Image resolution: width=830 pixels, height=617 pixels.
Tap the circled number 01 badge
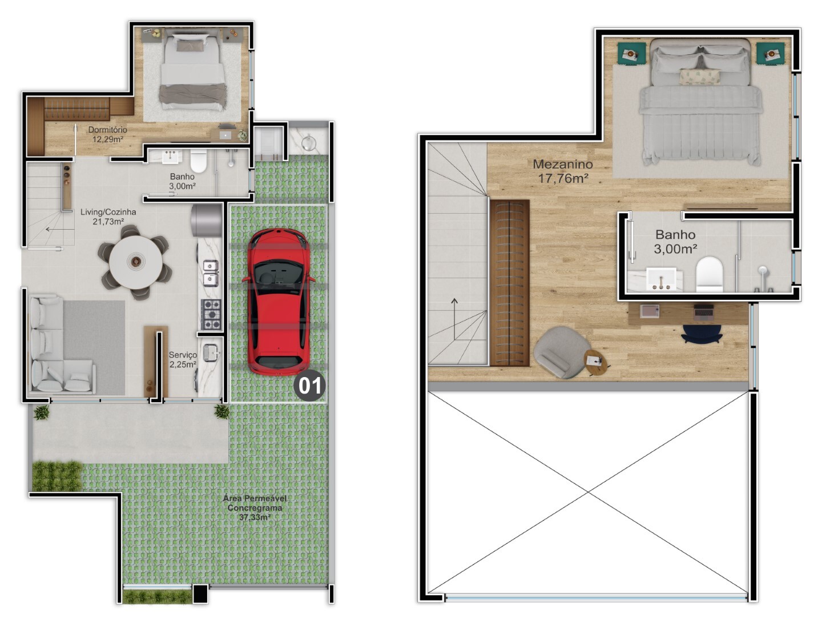point(309,386)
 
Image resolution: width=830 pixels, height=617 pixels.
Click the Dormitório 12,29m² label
point(107,134)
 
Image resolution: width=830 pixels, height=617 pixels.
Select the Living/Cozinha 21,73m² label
point(108,217)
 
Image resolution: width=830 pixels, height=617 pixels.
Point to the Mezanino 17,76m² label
point(562,171)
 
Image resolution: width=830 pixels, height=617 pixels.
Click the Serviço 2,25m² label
point(183,359)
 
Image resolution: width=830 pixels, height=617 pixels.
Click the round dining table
point(135,262)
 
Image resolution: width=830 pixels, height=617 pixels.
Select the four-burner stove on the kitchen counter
point(211,314)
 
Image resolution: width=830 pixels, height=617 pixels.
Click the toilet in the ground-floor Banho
point(198,161)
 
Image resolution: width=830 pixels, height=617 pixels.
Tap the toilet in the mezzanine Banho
point(709,274)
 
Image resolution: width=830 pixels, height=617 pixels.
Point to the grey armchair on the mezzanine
point(562,351)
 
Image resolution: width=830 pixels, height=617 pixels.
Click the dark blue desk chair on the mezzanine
point(702,334)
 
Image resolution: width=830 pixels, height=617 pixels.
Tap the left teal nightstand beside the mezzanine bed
point(631,54)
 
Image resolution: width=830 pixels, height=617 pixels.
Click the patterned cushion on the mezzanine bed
point(700,77)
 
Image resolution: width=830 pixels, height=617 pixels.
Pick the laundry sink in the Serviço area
point(211,352)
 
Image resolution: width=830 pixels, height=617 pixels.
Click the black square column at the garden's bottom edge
point(200,594)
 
